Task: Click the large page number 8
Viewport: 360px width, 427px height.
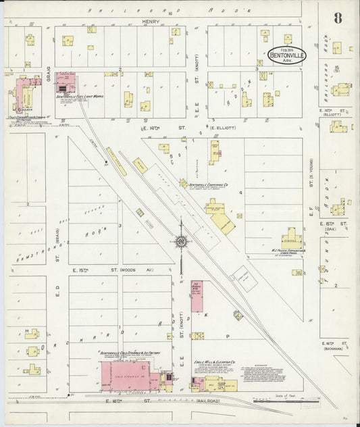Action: click(x=337, y=18)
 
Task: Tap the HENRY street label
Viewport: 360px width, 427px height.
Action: click(x=150, y=22)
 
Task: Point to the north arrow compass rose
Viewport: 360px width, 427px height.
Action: click(x=181, y=241)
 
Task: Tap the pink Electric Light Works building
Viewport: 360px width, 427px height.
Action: click(x=65, y=83)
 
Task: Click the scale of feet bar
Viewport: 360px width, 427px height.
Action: click(x=277, y=400)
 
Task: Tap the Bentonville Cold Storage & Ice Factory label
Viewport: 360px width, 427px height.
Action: click(x=128, y=353)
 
